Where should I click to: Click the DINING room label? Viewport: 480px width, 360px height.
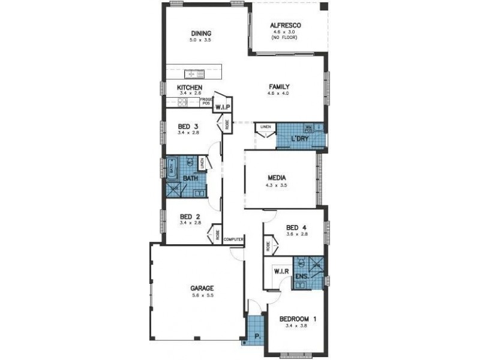coord(201,33)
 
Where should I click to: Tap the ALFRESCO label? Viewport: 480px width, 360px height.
coord(285,26)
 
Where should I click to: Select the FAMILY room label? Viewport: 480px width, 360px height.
coord(279,86)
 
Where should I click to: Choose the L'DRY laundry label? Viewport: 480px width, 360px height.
coord(300,139)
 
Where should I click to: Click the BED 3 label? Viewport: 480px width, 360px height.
coord(188,126)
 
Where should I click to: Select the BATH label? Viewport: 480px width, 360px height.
coord(191,178)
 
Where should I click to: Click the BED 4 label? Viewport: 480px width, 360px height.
coord(296,227)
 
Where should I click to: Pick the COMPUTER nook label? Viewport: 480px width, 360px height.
coord(233,239)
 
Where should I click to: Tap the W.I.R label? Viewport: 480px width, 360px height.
coord(282,272)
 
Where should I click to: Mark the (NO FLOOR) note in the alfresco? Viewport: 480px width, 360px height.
coord(285,38)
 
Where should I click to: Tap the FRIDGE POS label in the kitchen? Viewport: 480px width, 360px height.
coord(206,102)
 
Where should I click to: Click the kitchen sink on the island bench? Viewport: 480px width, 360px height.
coord(194,74)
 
